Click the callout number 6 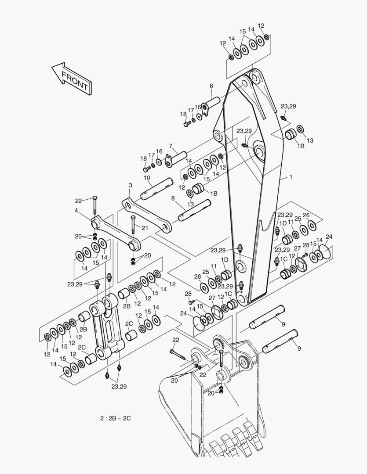[211, 86]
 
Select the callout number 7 [171, 146]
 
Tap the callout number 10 [147, 178]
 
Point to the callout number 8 [173, 198]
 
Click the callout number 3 [130, 185]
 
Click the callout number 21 [145, 227]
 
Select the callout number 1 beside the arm [290, 177]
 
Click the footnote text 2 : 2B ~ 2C [115, 418]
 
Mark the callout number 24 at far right [329, 237]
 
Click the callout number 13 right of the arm [310, 140]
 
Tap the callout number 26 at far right [306, 215]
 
